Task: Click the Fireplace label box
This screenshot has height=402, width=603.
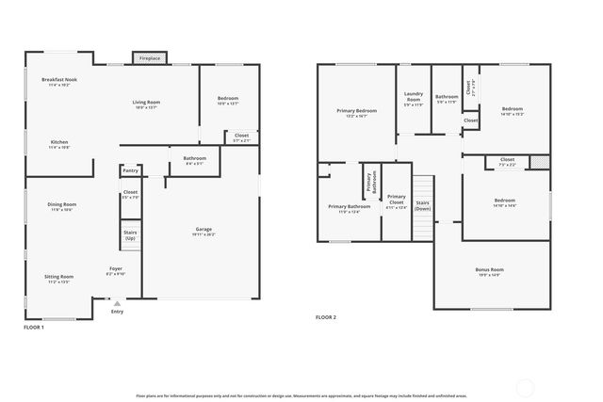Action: click(x=150, y=58)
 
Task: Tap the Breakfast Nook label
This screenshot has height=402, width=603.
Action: click(x=58, y=82)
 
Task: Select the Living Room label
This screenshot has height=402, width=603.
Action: click(x=145, y=104)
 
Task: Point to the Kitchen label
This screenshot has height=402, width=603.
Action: click(x=58, y=144)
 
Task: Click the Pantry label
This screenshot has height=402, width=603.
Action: click(x=130, y=170)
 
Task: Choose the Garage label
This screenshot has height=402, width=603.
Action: click(x=203, y=231)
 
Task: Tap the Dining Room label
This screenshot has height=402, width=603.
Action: click(x=61, y=206)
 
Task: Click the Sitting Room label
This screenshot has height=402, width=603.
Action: click(x=58, y=280)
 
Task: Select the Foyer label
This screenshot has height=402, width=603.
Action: click(x=116, y=271)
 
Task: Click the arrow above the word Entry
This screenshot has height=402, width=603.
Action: click(x=116, y=303)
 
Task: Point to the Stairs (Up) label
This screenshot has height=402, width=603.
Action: click(x=130, y=235)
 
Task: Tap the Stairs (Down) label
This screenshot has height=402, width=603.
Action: click(x=422, y=204)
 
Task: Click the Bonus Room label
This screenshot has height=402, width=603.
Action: click(x=489, y=272)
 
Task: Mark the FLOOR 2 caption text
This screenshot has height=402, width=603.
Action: click(x=326, y=317)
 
